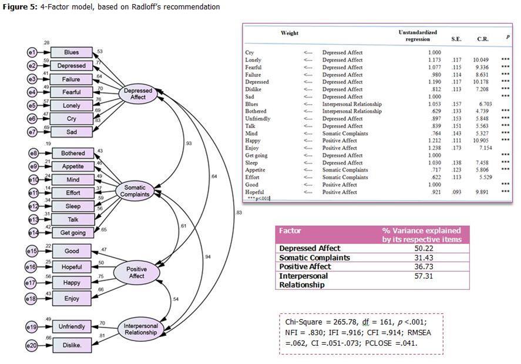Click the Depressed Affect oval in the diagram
point(139,93)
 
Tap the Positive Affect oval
point(137,272)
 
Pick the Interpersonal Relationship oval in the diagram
point(140,329)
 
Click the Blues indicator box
point(72,52)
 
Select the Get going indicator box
point(73,232)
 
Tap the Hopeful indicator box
point(72,267)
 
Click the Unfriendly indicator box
point(72,326)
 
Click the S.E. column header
point(456,39)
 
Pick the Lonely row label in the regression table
point(253,60)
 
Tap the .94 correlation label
point(208,257)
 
